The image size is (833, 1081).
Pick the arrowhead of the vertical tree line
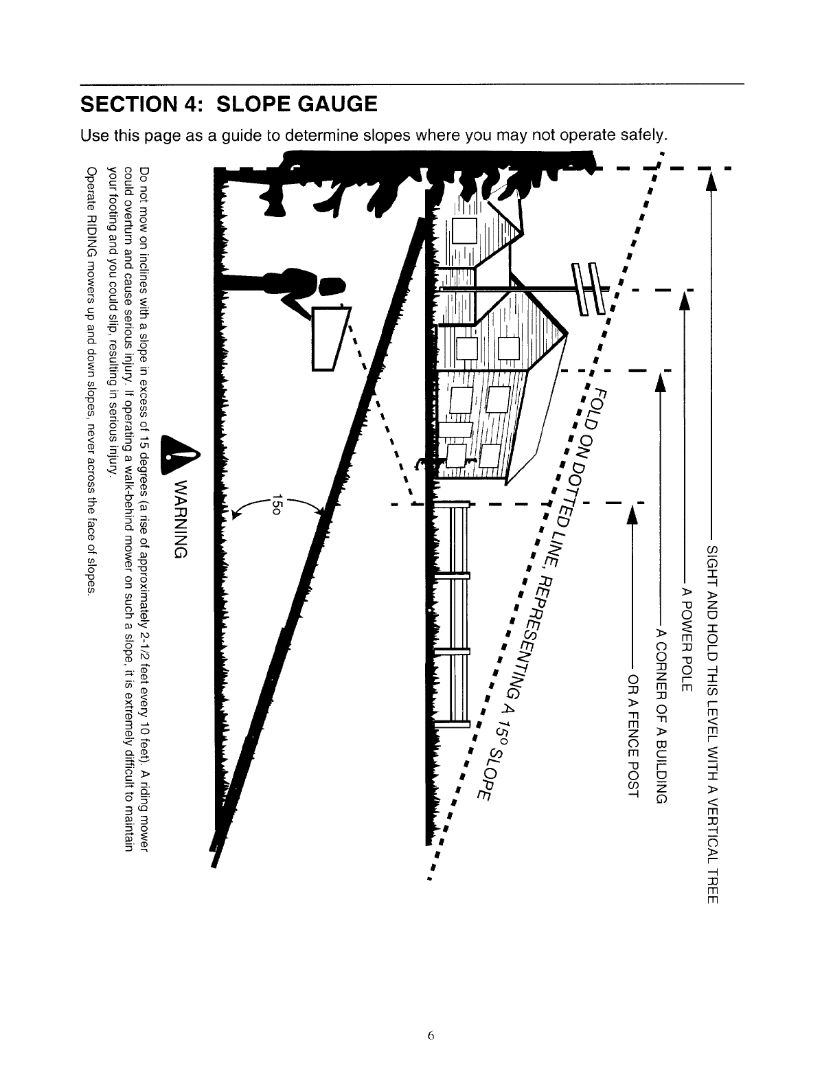pos(711,184)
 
